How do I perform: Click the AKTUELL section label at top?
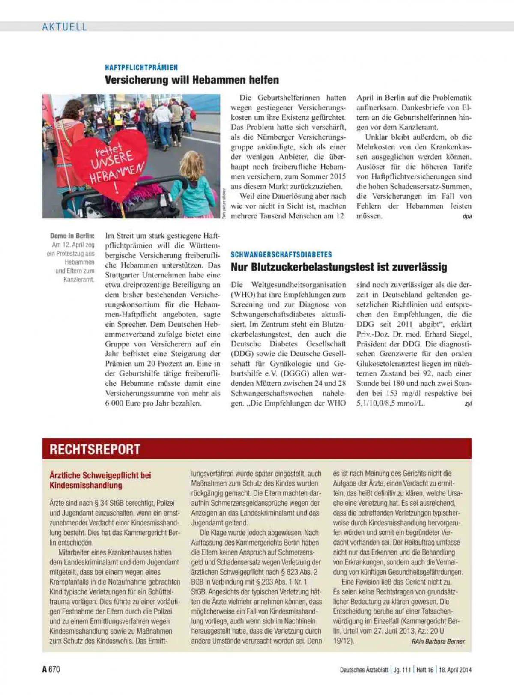click(64, 27)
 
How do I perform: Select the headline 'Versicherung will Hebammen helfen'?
click(192, 80)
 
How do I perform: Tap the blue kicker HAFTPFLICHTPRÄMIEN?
click(141, 67)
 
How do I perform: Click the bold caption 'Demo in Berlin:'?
click(72, 236)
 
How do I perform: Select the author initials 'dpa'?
click(467, 216)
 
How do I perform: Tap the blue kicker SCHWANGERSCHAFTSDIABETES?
click(281, 254)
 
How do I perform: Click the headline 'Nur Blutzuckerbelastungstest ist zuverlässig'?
click(339, 267)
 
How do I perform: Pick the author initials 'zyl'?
click(468, 403)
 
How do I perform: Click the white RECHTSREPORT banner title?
click(95, 449)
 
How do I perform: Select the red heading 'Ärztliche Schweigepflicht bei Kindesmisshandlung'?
click(100, 480)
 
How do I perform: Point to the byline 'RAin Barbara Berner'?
click(438, 641)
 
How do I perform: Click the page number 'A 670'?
click(51, 669)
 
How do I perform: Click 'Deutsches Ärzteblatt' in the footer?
click(364, 670)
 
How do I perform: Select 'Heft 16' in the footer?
click(425, 670)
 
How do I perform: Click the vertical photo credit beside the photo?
click(224, 203)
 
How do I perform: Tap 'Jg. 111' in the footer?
click(402, 670)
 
